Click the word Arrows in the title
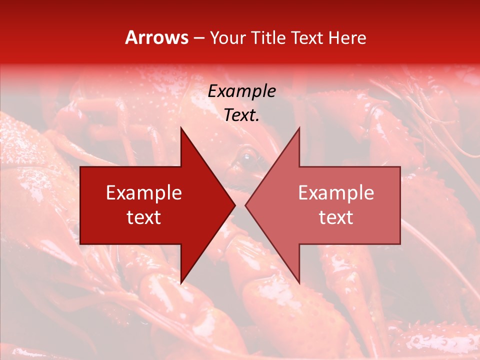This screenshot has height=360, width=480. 156,37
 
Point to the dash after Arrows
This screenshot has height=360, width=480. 199,38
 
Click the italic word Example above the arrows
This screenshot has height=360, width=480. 242,91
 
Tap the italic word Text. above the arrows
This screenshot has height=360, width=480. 242,115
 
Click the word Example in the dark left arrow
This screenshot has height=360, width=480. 144,193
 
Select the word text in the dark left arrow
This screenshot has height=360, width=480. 144,217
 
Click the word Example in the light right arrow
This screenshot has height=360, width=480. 336,193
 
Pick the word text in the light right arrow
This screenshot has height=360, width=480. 336,217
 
